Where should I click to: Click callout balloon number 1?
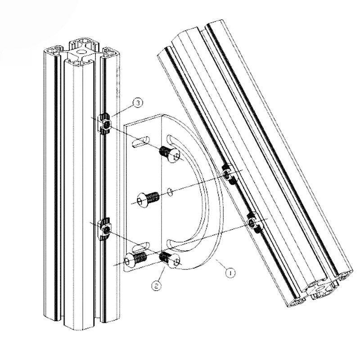pos(230,273)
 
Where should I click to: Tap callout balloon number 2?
pos(156,286)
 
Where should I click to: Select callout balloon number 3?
pos(138,103)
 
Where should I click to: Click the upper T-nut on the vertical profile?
pos(104,123)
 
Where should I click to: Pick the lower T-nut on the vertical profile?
pos(104,229)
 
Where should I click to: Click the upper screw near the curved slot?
pos(170,154)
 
